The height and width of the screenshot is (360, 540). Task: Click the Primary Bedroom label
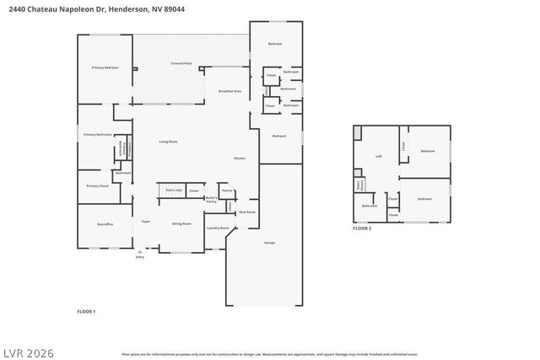coord(105,67)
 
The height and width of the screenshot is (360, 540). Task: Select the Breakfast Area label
coord(229,90)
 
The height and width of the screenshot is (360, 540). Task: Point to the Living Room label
coord(168,142)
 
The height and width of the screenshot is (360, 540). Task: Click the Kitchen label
coord(240,159)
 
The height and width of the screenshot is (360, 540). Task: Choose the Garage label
coord(270,242)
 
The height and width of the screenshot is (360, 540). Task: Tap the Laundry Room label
coord(219,228)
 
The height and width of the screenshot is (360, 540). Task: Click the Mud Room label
coord(247,212)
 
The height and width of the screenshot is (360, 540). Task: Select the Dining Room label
coord(181,223)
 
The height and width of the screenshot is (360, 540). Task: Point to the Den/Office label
coord(105,223)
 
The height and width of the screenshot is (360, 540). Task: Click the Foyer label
coord(145,222)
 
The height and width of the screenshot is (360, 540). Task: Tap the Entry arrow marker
coord(140,252)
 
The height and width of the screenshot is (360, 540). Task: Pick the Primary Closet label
coord(97,185)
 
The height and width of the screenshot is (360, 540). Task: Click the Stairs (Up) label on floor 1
coord(173,191)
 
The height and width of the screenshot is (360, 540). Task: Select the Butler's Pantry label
coord(212,201)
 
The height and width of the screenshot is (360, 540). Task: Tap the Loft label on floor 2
coord(380,156)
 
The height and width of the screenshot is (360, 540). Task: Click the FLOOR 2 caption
coord(362,228)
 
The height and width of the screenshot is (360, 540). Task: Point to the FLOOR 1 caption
coord(86,311)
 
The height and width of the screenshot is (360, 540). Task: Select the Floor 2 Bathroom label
coord(370,206)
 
